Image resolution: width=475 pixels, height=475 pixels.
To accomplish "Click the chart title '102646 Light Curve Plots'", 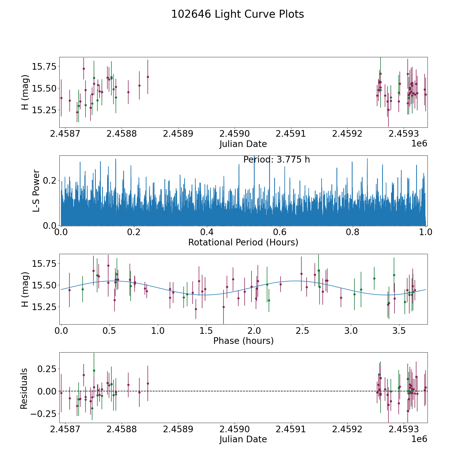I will pyautogui.click(x=237, y=14).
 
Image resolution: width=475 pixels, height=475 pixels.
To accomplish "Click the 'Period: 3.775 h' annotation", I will pyautogui.click(x=277, y=160).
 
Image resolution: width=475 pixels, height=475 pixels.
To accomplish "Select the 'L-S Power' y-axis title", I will pyautogui.click(x=36, y=191).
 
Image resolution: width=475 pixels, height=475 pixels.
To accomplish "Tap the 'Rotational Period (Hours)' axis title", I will pyautogui.click(x=243, y=242).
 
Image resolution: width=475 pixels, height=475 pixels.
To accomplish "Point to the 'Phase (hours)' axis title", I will pyautogui.click(x=243, y=341).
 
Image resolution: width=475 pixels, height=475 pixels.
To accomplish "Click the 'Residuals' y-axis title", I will pyautogui.click(x=24, y=389).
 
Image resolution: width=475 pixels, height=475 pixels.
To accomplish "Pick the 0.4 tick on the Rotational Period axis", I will pyautogui.click(x=207, y=232).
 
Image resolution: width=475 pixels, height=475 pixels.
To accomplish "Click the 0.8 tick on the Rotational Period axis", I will pyautogui.click(x=353, y=232).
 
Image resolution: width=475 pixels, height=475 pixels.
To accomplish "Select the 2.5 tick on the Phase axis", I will pyautogui.click(x=302, y=331).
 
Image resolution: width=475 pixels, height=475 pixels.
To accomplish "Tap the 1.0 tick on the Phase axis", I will pyautogui.click(x=158, y=331).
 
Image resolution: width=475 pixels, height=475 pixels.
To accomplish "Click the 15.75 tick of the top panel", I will pyautogui.click(x=44, y=66).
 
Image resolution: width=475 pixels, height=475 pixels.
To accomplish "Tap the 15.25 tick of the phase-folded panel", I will pyautogui.click(x=44, y=307).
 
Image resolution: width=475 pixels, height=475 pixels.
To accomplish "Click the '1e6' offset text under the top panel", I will pyautogui.click(x=419, y=144).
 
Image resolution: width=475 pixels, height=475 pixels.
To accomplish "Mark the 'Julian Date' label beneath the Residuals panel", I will pyautogui.click(x=243, y=439).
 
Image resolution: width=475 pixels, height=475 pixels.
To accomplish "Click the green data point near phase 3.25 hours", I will pyautogui.click(x=374, y=278).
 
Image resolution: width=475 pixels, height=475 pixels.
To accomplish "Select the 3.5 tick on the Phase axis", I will pyautogui.click(x=399, y=331).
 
